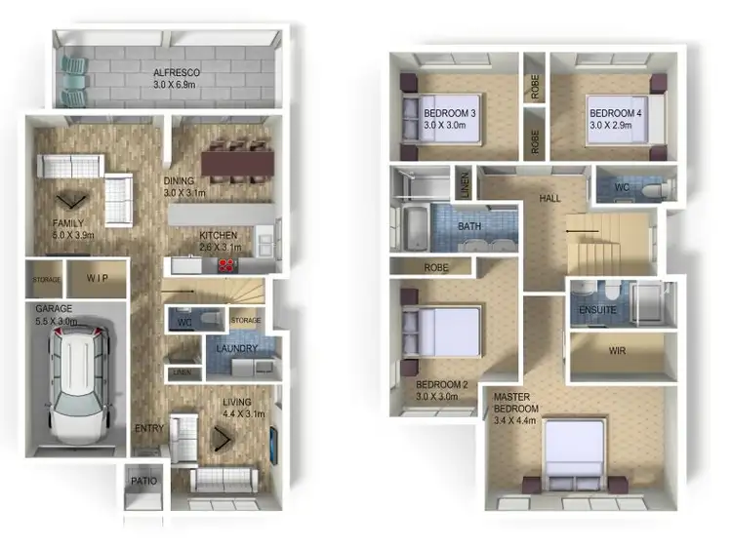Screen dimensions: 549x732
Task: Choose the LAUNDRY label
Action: click(x=238, y=348)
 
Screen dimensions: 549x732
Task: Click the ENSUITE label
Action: click(x=597, y=310)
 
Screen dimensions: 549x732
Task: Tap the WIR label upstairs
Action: click(x=617, y=351)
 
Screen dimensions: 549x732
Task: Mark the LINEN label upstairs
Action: click(x=466, y=185)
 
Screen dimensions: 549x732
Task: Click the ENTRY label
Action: click(x=148, y=428)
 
